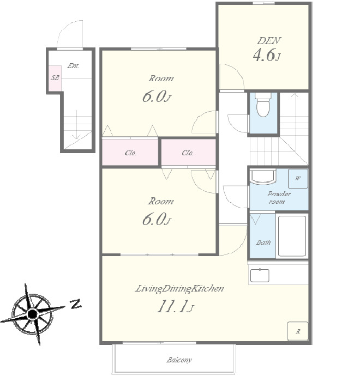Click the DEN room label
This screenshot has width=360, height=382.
269,41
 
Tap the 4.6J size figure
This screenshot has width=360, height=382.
267,55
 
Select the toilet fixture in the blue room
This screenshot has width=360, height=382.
263,105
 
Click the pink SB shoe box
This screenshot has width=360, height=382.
55,78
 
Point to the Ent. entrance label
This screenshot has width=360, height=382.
73,66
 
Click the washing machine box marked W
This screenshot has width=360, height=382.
298,179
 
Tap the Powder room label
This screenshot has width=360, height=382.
279,198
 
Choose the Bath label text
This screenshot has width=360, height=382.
263,242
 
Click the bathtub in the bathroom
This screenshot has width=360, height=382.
292,236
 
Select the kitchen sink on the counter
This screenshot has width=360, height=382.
260,276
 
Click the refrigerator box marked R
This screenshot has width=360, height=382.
298,331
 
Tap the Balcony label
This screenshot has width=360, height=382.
179,360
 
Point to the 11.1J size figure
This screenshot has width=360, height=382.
175,307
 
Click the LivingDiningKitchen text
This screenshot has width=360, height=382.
179,288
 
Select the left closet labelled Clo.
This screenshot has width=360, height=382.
130,152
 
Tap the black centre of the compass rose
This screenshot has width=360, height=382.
32,314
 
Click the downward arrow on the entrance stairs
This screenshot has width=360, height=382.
76,124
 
